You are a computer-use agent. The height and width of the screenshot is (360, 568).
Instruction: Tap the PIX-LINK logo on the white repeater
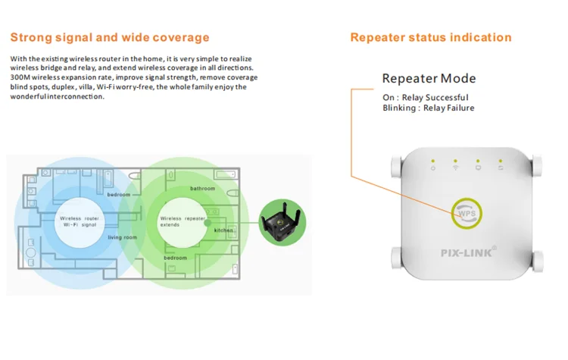(x=467, y=252)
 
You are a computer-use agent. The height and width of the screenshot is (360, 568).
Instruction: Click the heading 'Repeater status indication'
(x=430, y=37)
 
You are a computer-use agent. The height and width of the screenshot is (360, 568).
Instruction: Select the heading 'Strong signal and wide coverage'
(x=110, y=37)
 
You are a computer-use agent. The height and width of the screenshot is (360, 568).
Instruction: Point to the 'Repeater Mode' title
(x=429, y=78)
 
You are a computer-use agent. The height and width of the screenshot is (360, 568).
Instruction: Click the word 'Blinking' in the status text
(x=400, y=108)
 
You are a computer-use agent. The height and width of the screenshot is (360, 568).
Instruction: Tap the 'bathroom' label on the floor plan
(x=202, y=188)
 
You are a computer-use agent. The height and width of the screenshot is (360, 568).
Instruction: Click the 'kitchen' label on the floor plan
(x=223, y=230)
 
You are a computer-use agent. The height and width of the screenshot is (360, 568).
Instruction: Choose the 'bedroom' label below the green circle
(x=175, y=258)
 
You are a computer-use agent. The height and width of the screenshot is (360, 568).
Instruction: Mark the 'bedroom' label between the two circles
(x=118, y=195)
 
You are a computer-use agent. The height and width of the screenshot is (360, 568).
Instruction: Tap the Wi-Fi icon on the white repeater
(x=455, y=168)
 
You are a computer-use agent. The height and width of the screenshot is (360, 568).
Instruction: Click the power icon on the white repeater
(x=432, y=168)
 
